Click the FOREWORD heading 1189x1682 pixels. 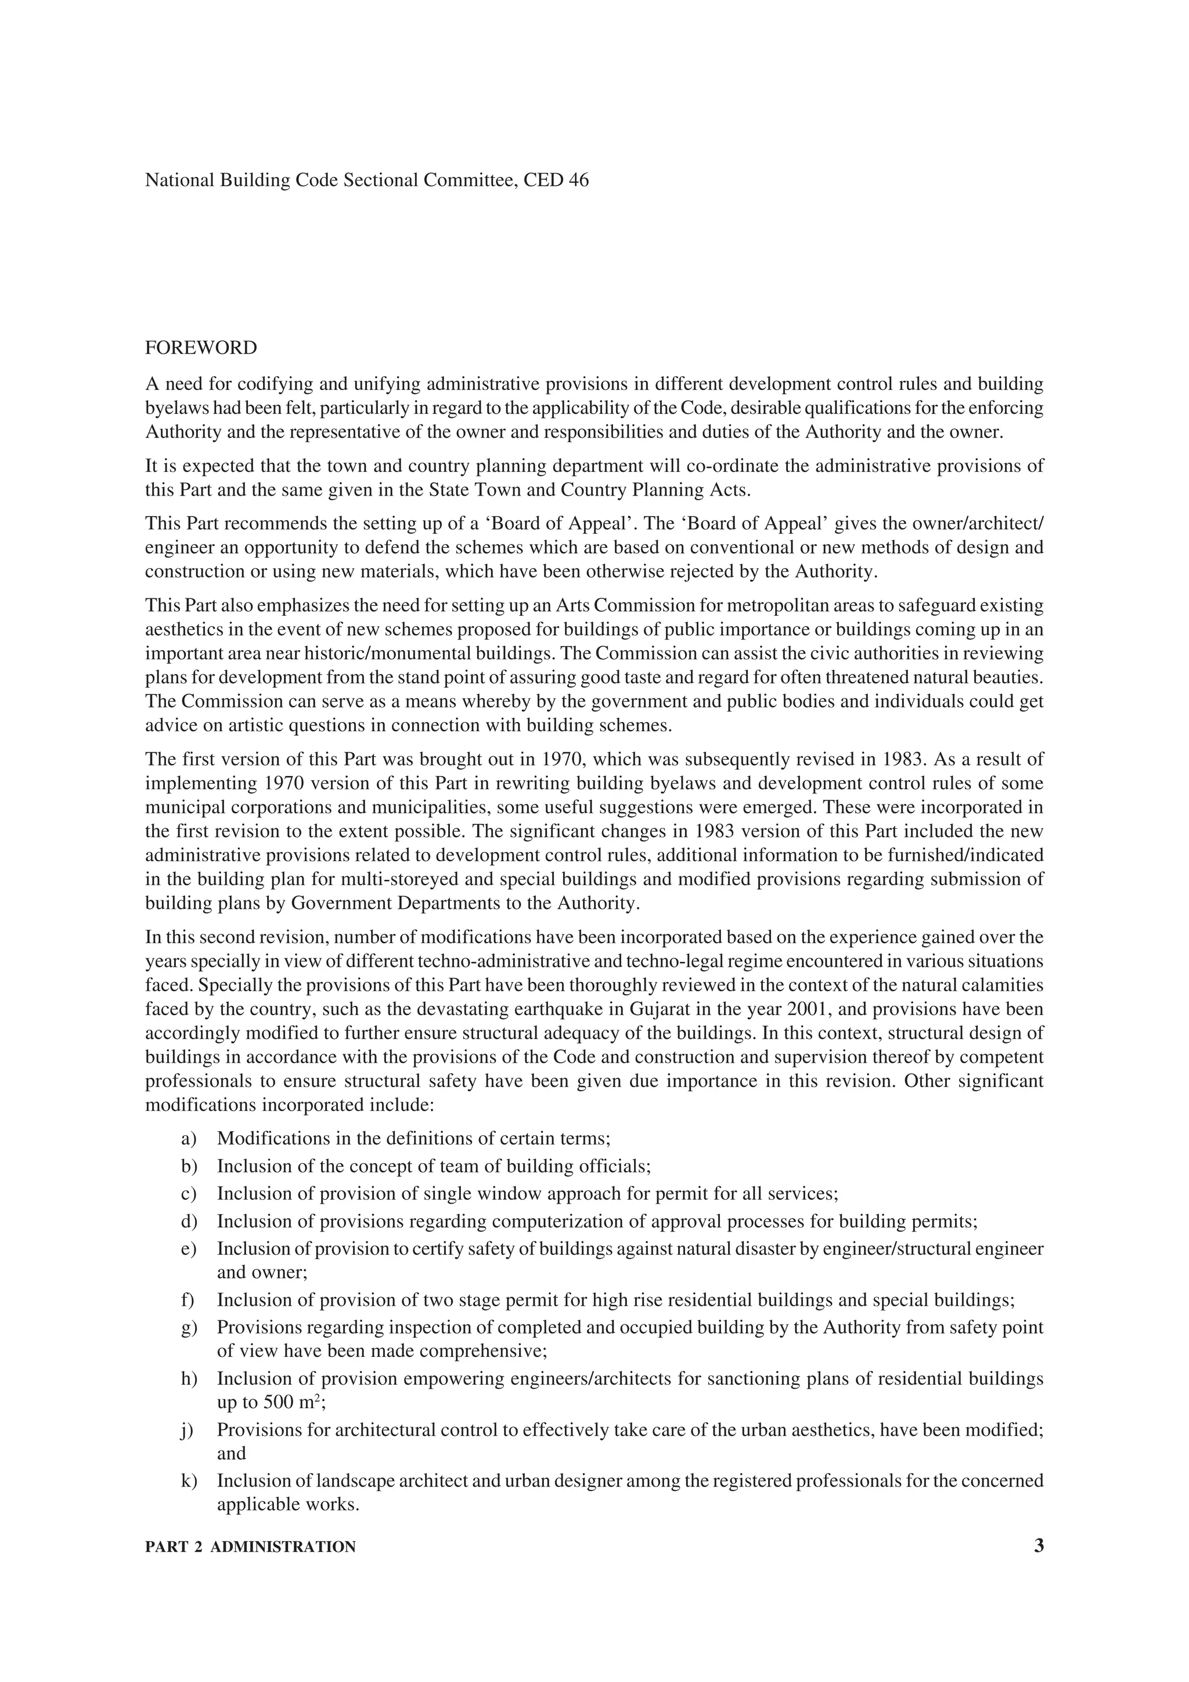[x=201, y=348]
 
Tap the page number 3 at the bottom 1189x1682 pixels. [x=1038, y=1546]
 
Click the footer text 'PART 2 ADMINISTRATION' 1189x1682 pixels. [x=251, y=1547]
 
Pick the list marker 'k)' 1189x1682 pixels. [x=189, y=1481]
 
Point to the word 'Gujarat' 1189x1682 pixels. [x=661, y=1009]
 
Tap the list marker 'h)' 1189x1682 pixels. [x=189, y=1378]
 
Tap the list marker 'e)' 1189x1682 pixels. [x=189, y=1248]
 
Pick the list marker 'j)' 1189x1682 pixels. [x=189, y=1430]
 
